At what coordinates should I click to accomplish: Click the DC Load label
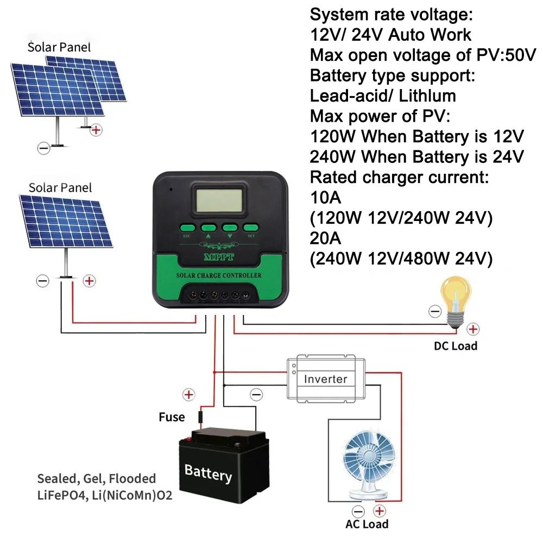point(455,346)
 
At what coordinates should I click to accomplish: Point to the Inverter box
point(325,378)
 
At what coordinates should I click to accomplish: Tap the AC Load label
point(367,525)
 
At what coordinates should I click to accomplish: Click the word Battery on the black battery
point(208,472)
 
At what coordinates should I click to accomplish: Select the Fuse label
point(172,418)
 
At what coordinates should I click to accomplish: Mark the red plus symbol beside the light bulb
point(473,329)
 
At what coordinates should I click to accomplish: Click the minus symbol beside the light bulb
point(434,311)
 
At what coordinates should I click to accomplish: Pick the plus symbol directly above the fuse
point(188,395)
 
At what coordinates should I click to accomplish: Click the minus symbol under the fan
point(358,510)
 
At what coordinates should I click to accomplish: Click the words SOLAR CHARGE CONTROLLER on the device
point(219,275)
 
